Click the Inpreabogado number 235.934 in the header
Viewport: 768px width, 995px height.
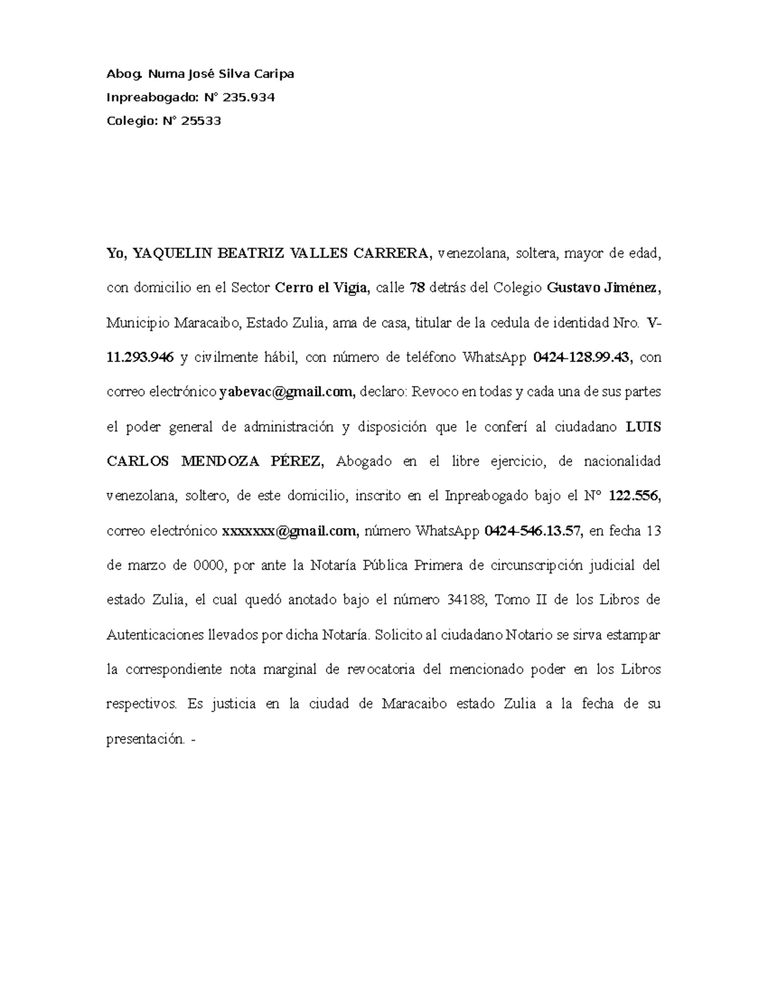pos(249,97)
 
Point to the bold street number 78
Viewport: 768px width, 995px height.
pos(417,288)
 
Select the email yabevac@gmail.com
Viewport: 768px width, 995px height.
pos(286,392)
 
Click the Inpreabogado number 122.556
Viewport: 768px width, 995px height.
pos(634,496)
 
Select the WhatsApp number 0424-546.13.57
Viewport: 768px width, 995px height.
pos(534,530)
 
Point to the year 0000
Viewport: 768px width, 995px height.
pos(209,565)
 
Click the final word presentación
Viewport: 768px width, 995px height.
pos(146,739)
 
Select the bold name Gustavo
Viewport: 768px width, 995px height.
pos(575,288)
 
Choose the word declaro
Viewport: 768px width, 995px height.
pos(381,392)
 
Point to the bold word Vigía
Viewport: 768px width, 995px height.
pos(351,288)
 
